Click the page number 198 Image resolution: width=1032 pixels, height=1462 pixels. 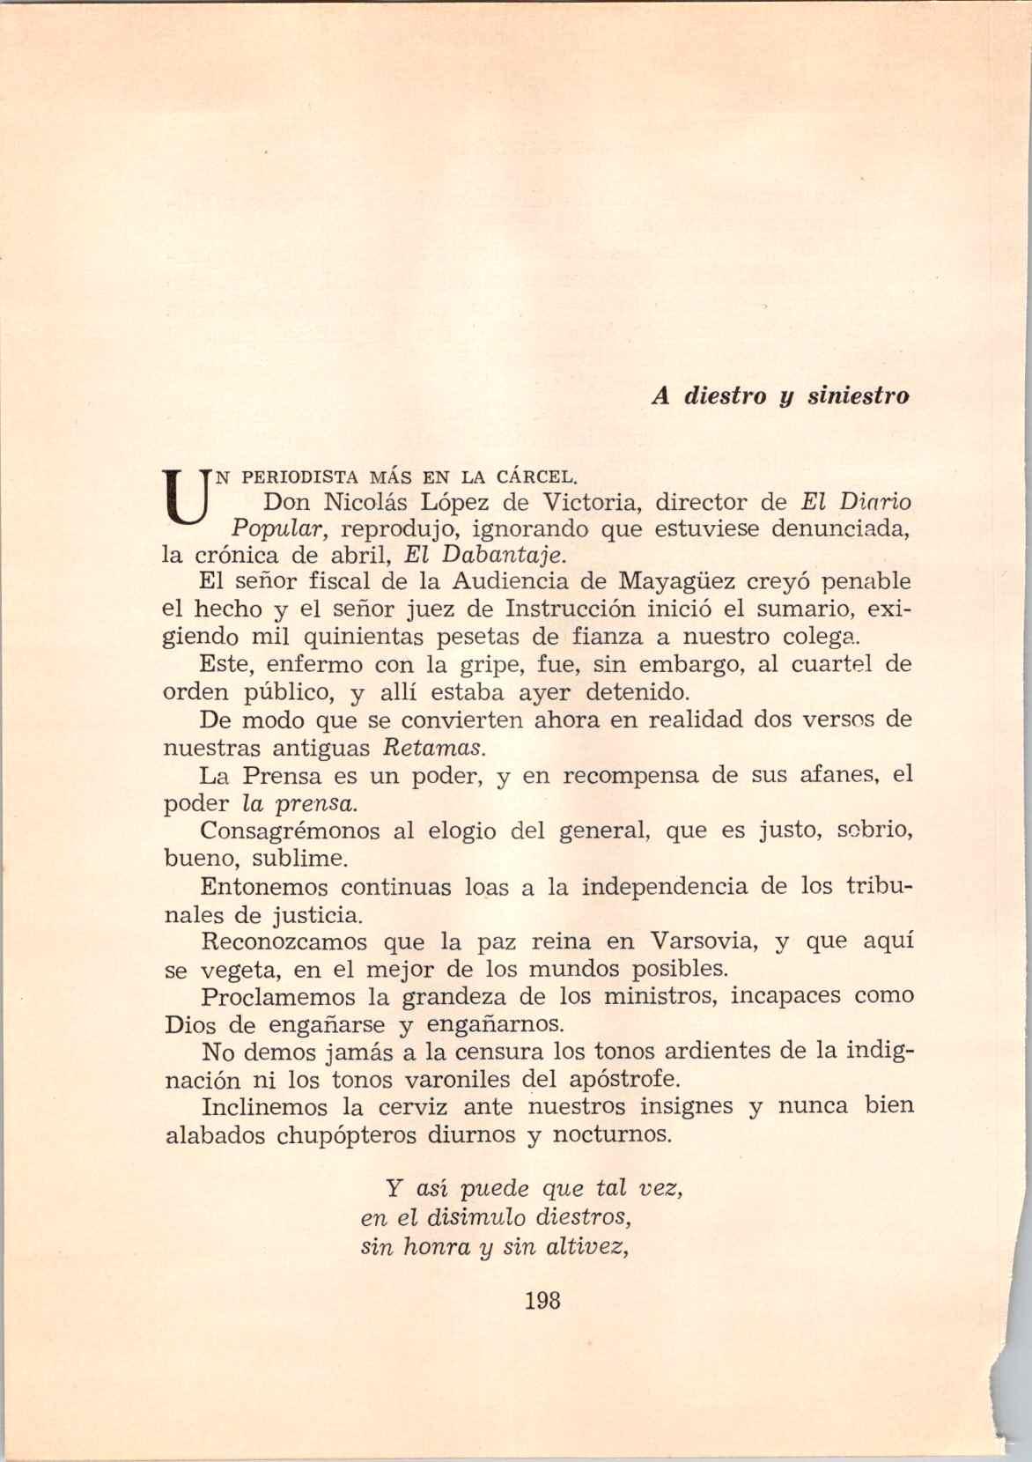(x=542, y=1300)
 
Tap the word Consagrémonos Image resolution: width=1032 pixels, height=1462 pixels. (x=289, y=831)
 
